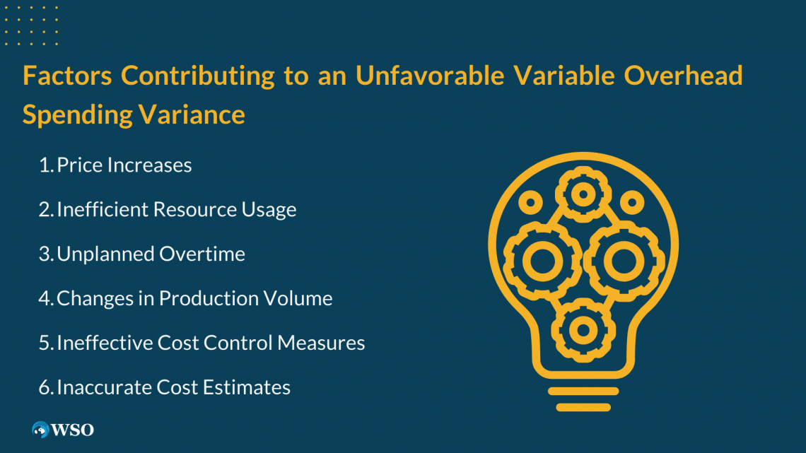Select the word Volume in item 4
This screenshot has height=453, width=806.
point(298,299)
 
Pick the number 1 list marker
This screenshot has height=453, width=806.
point(45,165)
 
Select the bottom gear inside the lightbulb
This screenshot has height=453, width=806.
point(583,329)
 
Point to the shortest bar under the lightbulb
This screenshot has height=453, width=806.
point(583,408)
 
